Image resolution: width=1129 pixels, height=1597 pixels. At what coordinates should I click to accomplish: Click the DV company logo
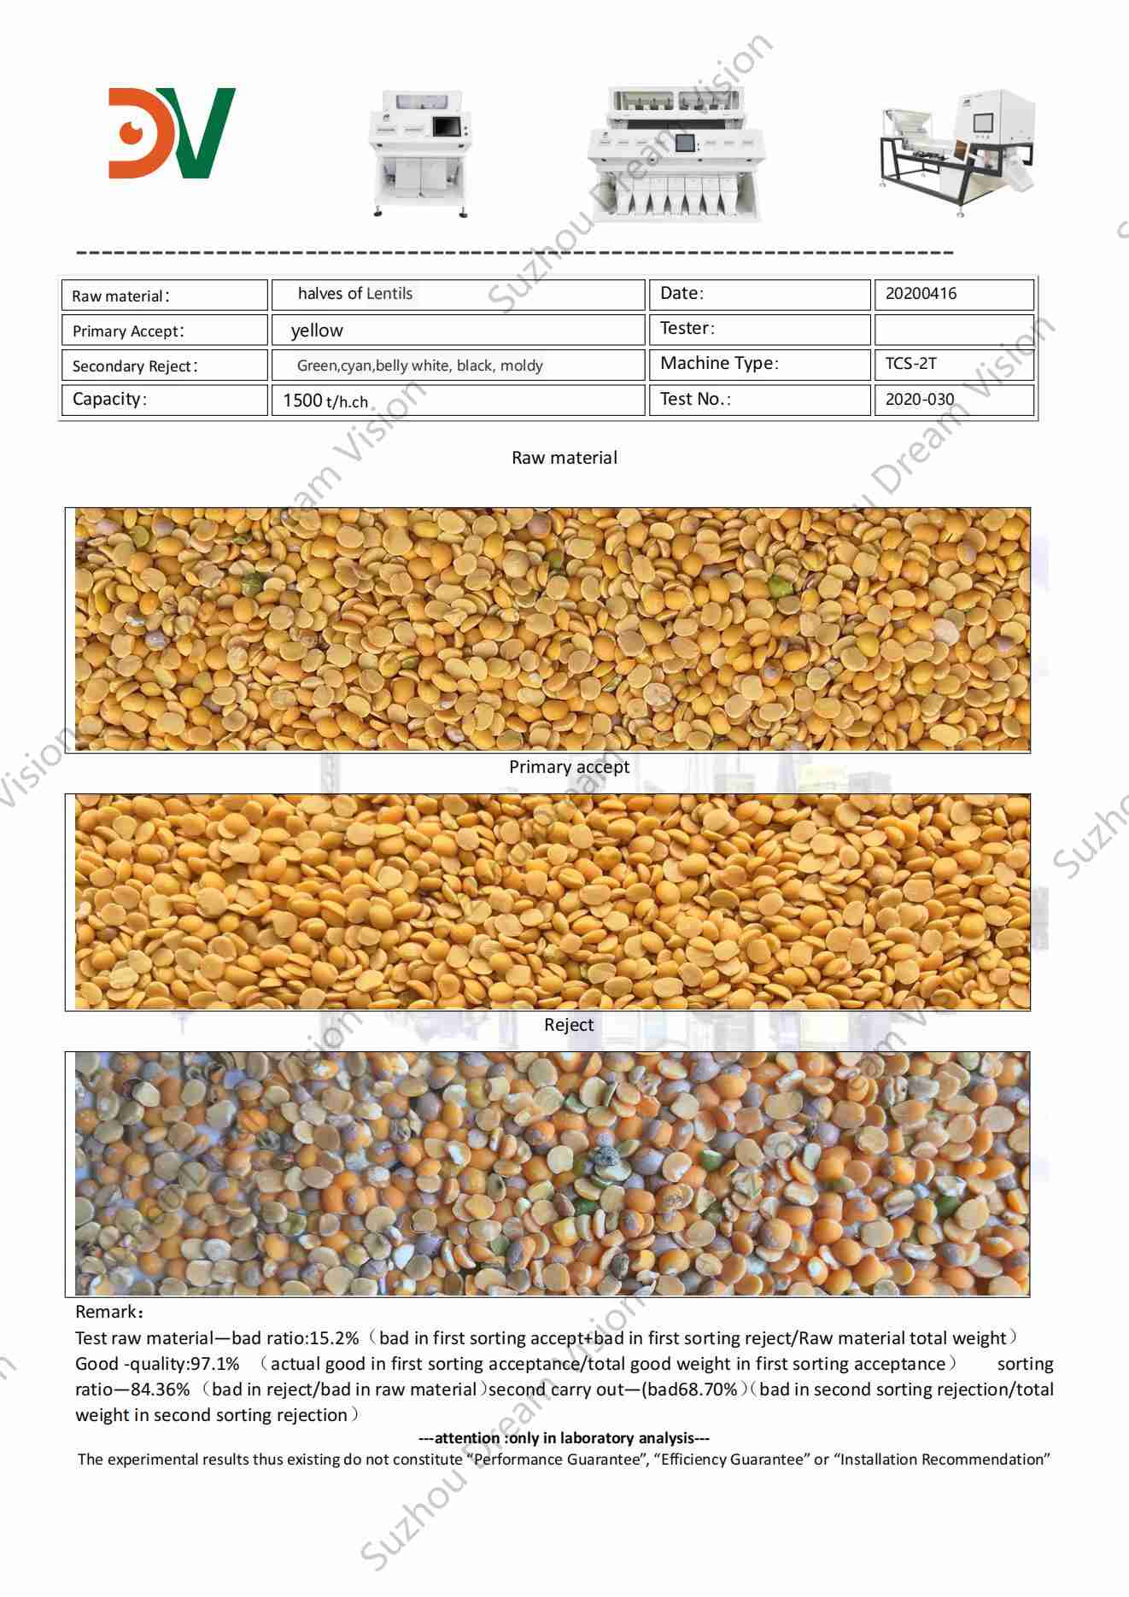tap(172, 132)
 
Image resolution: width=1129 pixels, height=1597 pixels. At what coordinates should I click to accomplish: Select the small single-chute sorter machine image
tap(420, 153)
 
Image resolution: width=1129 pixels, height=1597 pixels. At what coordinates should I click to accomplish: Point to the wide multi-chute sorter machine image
tap(675, 154)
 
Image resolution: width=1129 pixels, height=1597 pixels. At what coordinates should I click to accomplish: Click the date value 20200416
tap(921, 294)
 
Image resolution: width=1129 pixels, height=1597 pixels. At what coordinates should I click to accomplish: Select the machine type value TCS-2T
tap(910, 363)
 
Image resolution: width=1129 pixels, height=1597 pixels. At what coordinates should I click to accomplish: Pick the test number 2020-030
tap(920, 399)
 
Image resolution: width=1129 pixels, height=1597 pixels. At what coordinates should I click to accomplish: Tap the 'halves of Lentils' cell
tap(355, 294)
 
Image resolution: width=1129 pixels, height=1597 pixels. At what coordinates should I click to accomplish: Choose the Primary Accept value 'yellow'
tap(317, 331)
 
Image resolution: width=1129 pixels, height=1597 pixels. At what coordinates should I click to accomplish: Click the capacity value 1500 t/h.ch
tap(325, 401)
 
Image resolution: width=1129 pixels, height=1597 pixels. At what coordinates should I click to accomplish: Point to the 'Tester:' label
tap(687, 328)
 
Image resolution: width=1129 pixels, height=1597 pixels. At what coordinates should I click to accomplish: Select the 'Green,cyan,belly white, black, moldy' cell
tap(419, 366)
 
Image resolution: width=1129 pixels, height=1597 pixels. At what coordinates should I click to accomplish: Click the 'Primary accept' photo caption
tap(569, 767)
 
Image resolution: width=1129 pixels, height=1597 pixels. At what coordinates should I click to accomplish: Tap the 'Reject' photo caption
tap(569, 1025)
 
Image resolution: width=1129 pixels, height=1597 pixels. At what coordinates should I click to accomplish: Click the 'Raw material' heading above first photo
tap(564, 458)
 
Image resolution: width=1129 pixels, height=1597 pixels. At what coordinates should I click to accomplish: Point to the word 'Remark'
tap(106, 1312)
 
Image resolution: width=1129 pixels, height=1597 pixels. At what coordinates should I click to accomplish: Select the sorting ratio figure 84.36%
tap(160, 1389)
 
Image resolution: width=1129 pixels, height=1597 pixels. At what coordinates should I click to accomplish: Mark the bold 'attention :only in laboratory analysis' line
tap(564, 1438)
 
